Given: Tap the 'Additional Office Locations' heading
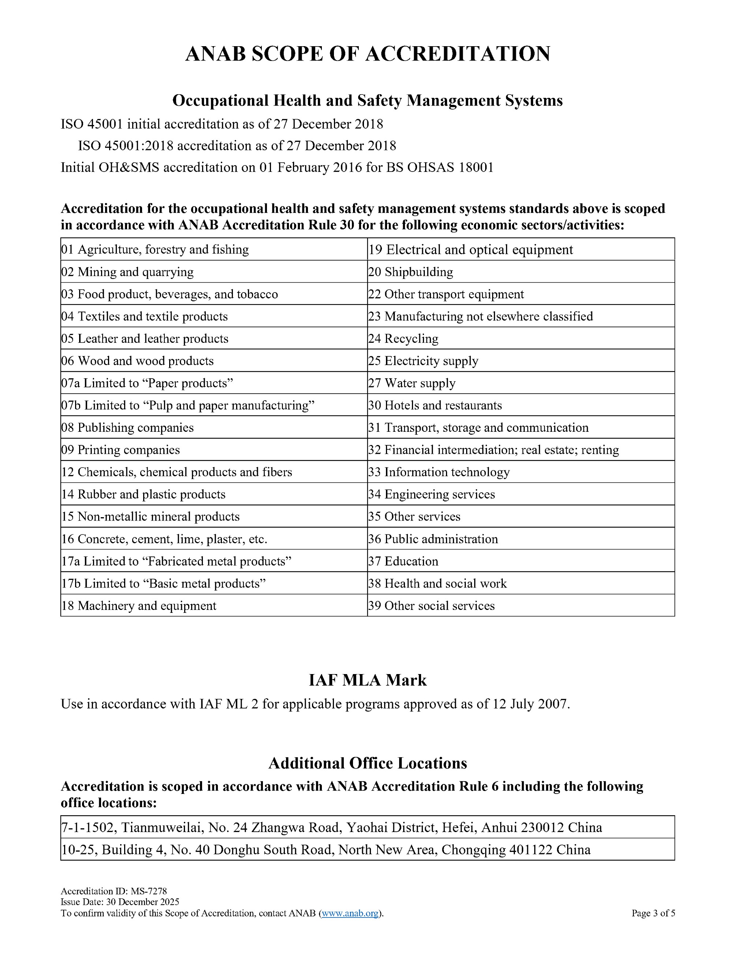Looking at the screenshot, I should [x=368, y=763].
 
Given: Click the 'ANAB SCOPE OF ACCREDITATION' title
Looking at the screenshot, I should [x=368, y=54].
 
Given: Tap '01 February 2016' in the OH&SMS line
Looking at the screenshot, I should [x=311, y=167].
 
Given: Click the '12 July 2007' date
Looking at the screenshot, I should [x=530, y=704].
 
